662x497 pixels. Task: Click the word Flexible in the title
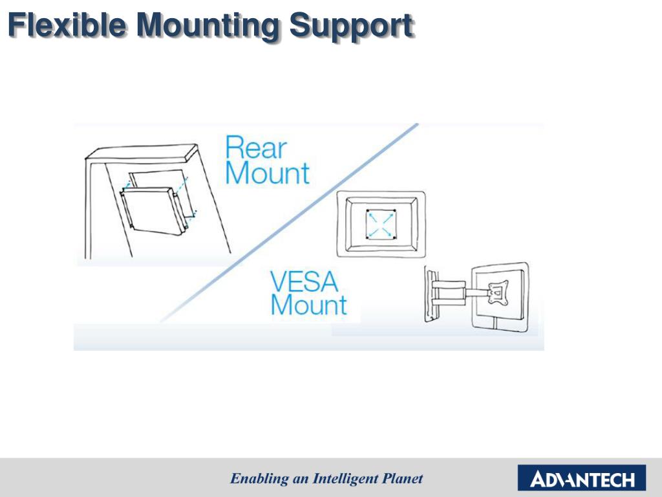68,25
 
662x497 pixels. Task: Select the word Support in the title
350,26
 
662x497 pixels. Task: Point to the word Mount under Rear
267,173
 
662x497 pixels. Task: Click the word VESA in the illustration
304,282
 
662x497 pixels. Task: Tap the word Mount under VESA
308,305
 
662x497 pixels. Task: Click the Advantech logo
581,480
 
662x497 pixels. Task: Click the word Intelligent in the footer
347,479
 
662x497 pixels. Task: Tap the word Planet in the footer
403,479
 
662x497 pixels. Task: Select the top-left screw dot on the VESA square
367,212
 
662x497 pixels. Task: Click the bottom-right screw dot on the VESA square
393,237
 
